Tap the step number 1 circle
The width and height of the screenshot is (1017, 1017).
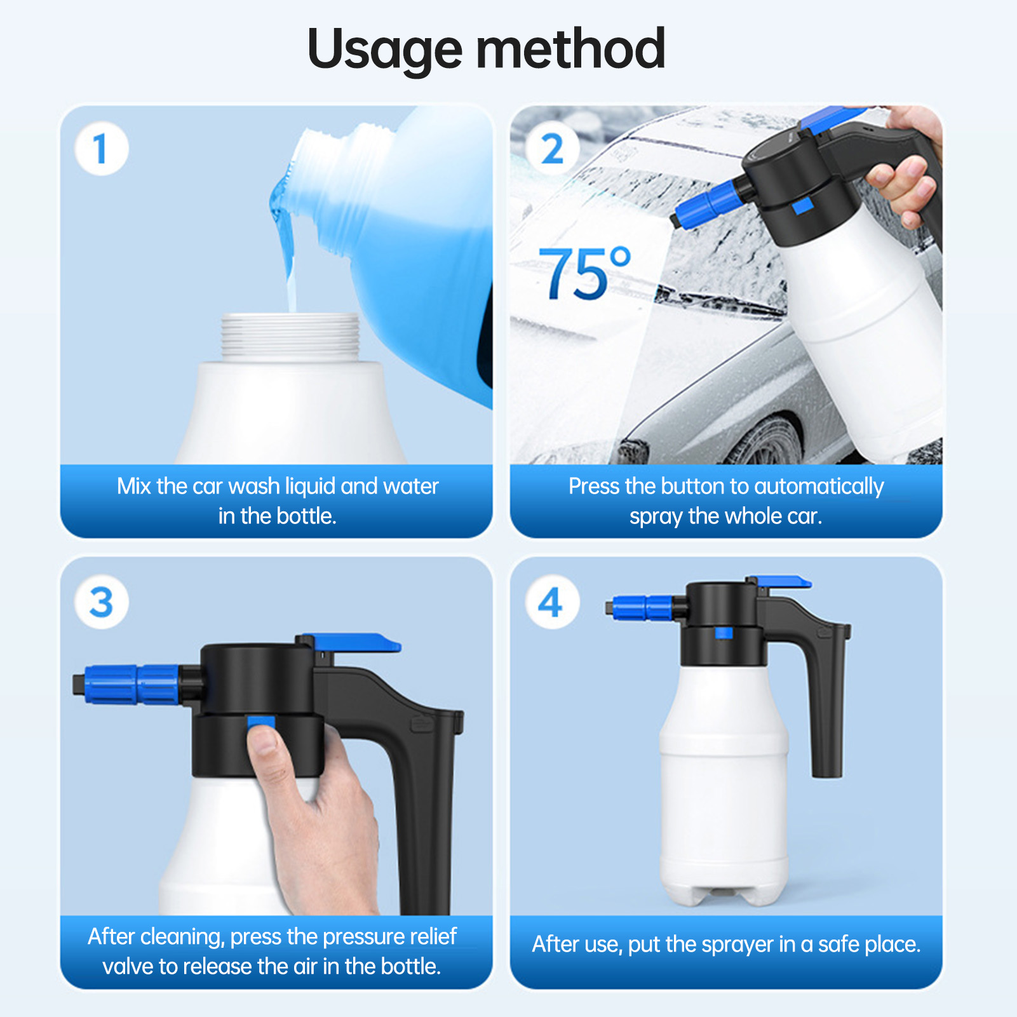[102, 149]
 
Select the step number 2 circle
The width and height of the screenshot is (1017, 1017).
[553, 149]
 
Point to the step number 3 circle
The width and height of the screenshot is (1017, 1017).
[102, 602]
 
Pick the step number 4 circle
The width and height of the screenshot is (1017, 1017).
[552, 602]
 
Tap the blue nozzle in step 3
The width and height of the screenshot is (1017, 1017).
[130, 685]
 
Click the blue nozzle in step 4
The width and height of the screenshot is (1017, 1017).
[642, 608]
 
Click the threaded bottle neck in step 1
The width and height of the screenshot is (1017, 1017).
[290, 337]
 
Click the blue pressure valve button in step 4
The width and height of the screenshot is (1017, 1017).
[724, 633]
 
